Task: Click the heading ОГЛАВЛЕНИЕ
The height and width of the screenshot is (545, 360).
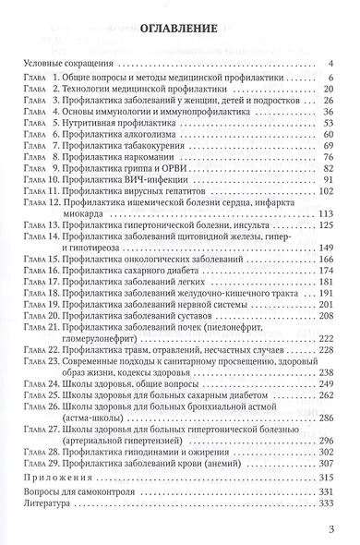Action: point(180,30)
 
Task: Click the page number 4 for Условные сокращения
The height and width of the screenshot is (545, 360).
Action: point(330,65)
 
